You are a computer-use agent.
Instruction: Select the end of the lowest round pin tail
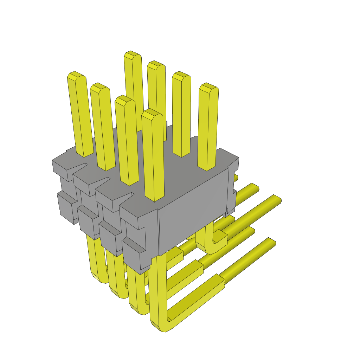[271, 242]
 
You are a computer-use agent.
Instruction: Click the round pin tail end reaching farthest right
[277, 199]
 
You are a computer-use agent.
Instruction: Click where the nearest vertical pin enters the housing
[155, 199]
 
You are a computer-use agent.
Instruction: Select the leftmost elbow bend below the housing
[97, 276]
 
